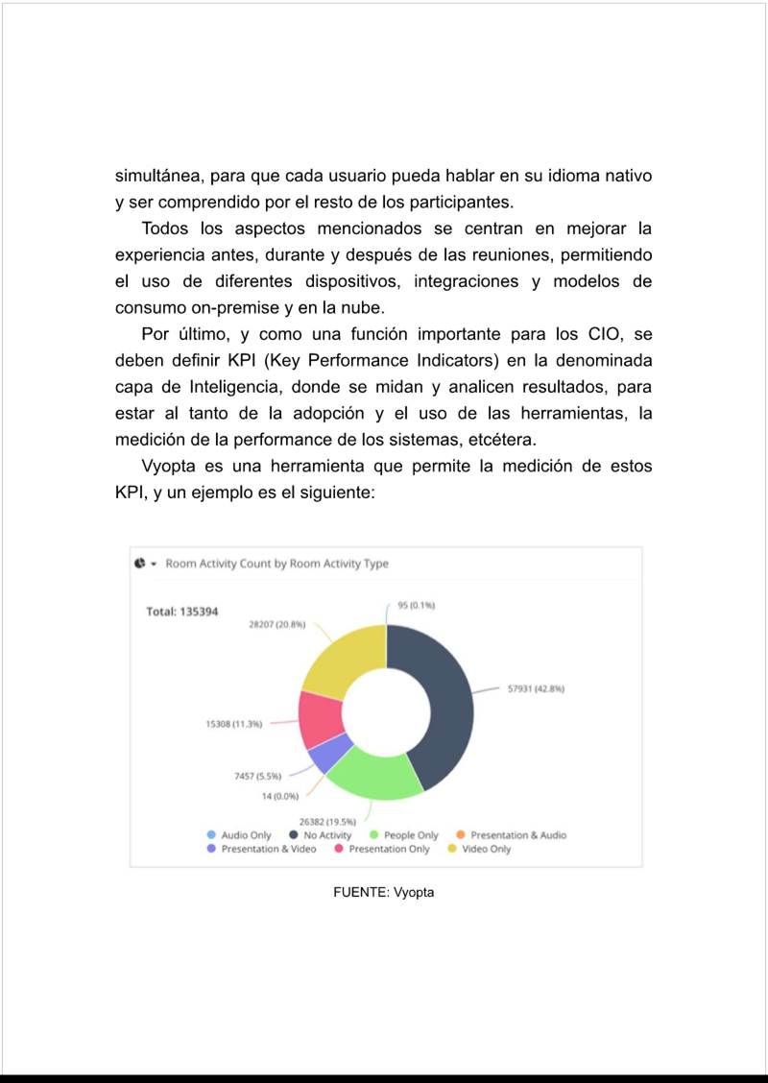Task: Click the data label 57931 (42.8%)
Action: coord(535,688)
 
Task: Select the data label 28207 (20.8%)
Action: coord(277,624)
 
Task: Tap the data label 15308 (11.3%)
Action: coord(234,724)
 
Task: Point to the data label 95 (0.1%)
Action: coord(417,605)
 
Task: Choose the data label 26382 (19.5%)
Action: coord(328,821)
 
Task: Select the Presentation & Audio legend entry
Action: coord(517,835)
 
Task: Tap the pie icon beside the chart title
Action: coord(140,564)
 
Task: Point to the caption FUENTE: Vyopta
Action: coord(384,892)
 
